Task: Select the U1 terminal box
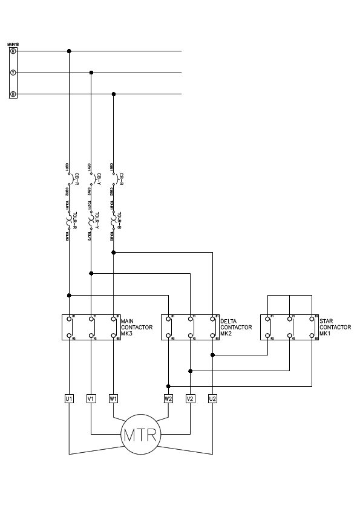pyautogui.click(x=69, y=398)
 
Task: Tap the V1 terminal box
pyautogui.click(x=91, y=398)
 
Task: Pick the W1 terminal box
pyautogui.click(x=113, y=398)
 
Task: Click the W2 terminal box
pyautogui.click(x=168, y=398)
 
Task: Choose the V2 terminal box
pyautogui.click(x=190, y=398)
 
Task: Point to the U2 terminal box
pyautogui.click(x=212, y=398)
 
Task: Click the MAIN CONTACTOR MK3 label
pyautogui.click(x=137, y=327)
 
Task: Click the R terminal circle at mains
pyautogui.click(x=13, y=51)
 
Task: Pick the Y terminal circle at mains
pyautogui.click(x=13, y=73)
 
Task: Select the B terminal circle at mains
pyautogui.click(x=13, y=94)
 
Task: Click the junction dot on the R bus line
pyautogui.click(x=69, y=51)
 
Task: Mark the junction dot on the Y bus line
pyautogui.click(x=91, y=73)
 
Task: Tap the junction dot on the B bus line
pyautogui.click(x=114, y=94)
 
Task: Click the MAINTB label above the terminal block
pyautogui.click(x=13, y=44)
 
